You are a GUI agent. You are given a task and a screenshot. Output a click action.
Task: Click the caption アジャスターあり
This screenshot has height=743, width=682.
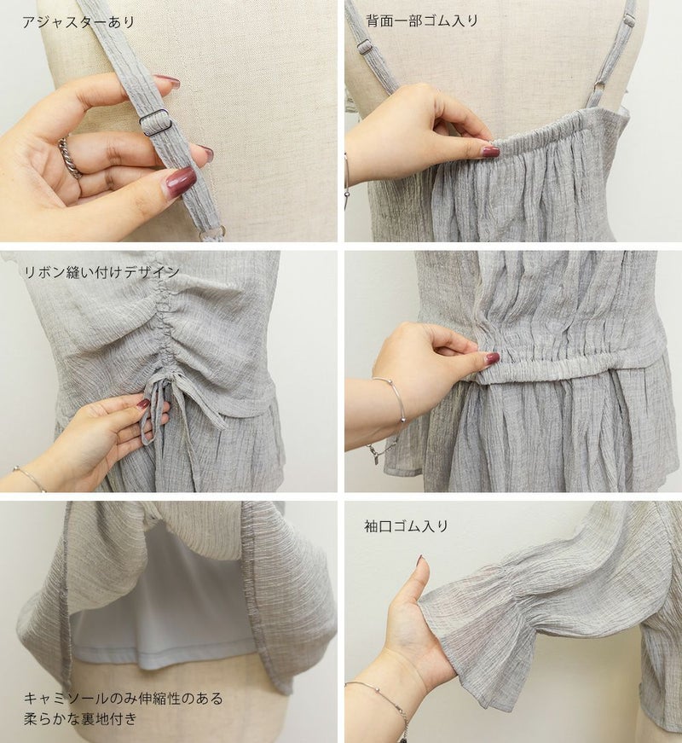(78, 22)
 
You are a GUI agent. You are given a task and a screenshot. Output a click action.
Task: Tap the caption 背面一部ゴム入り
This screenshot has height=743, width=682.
(422, 20)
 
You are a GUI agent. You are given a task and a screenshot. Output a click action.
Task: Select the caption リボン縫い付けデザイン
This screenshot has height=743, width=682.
(101, 271)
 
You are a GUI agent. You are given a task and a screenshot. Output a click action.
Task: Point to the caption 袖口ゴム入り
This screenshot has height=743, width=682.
(407, 526)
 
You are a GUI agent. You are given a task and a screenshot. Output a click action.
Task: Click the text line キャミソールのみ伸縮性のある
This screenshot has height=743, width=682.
(123, 698)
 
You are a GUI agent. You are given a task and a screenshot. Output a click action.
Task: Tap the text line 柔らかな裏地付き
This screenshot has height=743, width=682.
(80, 719)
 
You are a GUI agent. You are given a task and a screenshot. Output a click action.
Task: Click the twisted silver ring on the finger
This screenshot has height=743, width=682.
(70, 159)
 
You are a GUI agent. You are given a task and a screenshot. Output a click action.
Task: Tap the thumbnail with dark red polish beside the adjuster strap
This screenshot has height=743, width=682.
(180, 179)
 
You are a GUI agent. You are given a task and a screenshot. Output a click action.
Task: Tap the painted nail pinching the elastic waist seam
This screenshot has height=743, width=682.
(493, 359)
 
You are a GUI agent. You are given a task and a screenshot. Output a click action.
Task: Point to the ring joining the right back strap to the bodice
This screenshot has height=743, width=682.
(599, 88)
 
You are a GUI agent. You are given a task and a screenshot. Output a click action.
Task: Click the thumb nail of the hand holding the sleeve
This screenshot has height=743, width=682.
(419, 563)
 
